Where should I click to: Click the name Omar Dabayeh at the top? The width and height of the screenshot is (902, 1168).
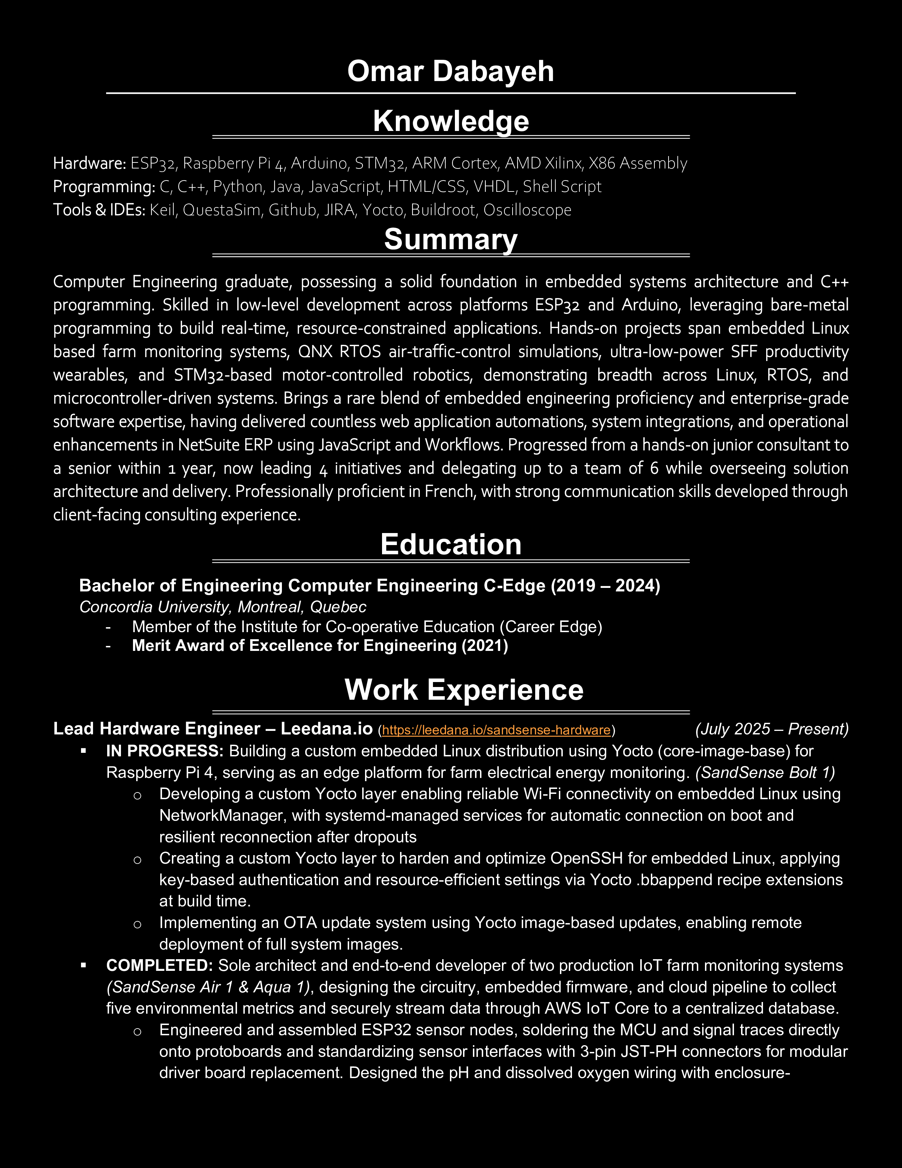(x=450, y=71)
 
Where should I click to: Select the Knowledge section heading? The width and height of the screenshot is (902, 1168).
(x=450, y=121)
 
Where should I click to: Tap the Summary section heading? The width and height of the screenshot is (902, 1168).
(x=450, y=239)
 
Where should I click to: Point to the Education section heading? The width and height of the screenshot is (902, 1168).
(x=450, y=544)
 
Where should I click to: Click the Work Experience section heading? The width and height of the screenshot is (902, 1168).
(x=464, y=689)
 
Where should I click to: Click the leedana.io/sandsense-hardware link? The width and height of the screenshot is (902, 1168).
(x=496, y=730)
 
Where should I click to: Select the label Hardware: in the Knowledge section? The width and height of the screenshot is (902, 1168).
(x=89, y=163)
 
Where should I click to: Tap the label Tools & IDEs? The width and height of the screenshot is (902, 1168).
(x=99, y=210)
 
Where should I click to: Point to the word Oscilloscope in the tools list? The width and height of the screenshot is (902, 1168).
(x=527, y=210)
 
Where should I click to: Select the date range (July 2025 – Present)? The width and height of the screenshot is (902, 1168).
(x=771, y=729)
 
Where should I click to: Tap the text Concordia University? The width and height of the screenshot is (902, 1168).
(x=155, y=607)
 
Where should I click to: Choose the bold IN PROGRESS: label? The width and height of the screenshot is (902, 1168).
(x=164, y=751)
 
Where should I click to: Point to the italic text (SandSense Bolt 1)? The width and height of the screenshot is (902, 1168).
(x=765, y=772)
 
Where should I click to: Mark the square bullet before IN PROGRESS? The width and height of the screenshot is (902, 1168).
(x=83, y=751)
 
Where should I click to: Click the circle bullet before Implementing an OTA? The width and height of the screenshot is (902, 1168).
(x=137, y=923)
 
